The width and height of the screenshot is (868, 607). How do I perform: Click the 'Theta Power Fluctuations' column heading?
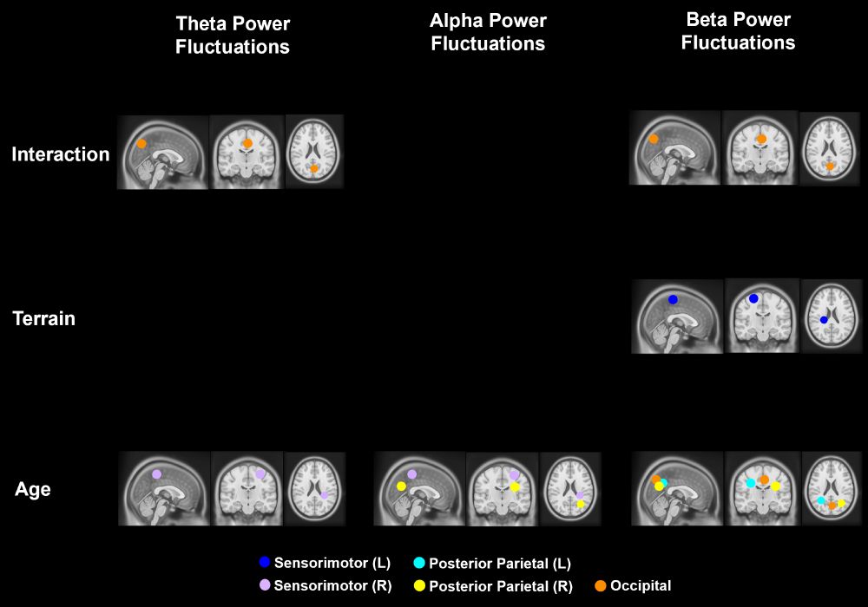pos(233,36)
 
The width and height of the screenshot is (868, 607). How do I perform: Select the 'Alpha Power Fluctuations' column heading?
pos(488,32)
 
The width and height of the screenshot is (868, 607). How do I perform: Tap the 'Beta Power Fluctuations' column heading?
pos(738,30)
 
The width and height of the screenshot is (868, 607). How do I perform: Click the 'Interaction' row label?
pos(61,155)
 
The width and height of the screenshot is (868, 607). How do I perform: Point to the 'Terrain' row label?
pos(44,318)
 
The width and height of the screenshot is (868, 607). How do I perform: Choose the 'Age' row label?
pos(33,489)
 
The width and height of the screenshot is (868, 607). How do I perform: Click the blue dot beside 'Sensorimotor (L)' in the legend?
pos(265,562)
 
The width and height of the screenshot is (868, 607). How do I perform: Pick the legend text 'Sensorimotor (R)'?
pos(332,585)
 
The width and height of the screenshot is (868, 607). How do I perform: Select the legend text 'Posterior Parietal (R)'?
pos(501,586)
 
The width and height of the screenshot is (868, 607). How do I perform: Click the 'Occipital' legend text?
pos(641,586)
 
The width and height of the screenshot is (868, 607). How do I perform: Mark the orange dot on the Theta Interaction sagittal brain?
pos(141,143)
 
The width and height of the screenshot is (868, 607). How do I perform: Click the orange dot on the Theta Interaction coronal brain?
pos(247,143)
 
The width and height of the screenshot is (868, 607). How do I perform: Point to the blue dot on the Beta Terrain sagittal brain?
pos(673,299)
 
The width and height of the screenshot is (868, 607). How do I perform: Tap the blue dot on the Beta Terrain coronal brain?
pos(753,298)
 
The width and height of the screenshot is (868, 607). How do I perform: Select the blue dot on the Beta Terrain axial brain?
pos(824,320)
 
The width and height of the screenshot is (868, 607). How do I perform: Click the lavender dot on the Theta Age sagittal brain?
pos(156,474)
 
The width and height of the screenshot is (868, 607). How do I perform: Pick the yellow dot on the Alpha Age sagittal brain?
pos(401,486)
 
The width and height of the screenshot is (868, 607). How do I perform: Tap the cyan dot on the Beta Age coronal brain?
pos(750,483)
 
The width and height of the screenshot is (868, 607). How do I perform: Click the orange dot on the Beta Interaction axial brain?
pos(830,166)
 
